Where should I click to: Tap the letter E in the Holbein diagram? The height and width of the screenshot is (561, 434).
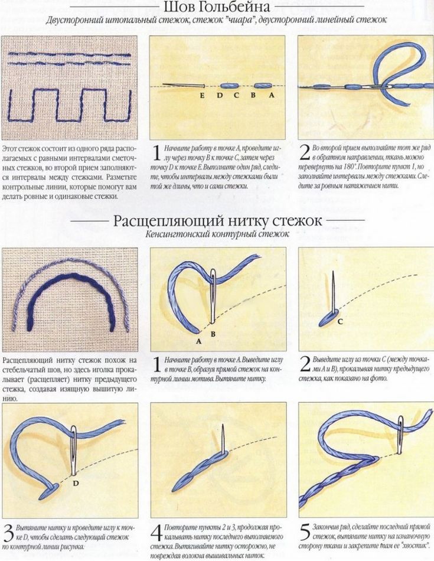(x=202, y=95)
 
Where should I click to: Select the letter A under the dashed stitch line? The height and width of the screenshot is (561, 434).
(x=271, y=95)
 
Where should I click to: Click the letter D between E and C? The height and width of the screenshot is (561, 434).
(x=219, y=95)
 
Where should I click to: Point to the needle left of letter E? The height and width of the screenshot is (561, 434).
(x=184, y=86)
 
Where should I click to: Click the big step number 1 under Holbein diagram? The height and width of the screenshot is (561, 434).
(x=156, y=154)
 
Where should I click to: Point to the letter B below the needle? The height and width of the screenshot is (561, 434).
(x=213, y=334)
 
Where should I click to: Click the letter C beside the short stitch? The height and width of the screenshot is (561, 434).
(x=340, y=321)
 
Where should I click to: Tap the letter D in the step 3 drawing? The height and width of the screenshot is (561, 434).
(x=76, y=484)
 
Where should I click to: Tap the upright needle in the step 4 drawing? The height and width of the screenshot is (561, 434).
(x=223, y=439)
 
